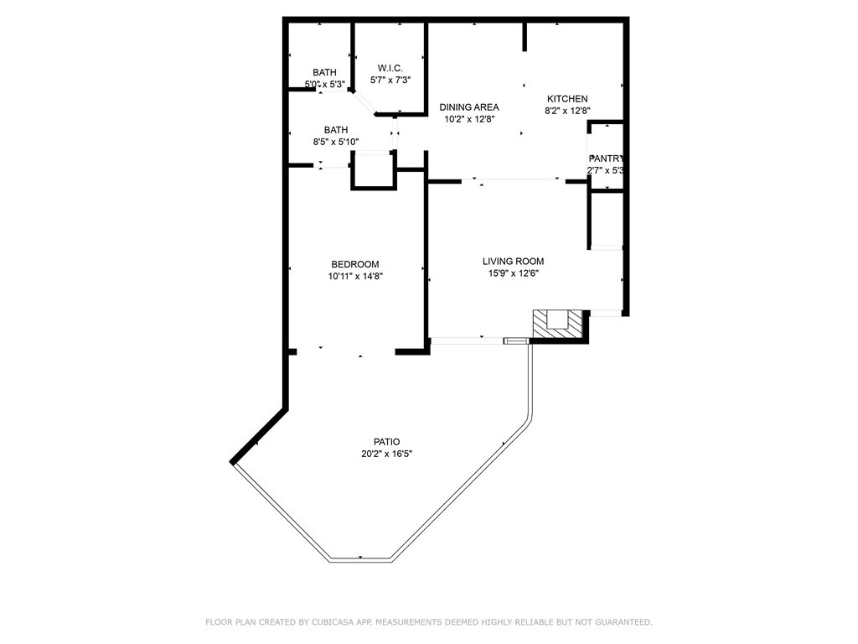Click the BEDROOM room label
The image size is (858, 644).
pyautogui.click(x=355, y=264)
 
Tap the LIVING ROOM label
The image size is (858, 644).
pyautogui.click(x=513, y=261)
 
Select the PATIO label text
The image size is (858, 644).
pyautogui.click(x=386, y=442)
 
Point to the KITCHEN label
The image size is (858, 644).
pyautogui.click(x=567, y=99)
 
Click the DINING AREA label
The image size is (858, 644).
pyautogui.click(x=469, y=107)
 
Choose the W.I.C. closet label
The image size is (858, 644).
pyautogui.click(x=390, y=68)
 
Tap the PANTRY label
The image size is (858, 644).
pyautogui.click(x=607, y=158)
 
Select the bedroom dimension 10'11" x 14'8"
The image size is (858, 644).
pyautogui.click(x=355, y=276)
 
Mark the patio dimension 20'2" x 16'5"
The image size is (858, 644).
pyautogui.click(x=386, y=454)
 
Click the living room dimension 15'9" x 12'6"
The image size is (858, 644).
pyautogui.click(x=513, y=273)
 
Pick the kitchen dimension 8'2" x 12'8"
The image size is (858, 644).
pyautogui.click(x=567, y=111)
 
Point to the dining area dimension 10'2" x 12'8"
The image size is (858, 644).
pyautogui.click(x=469, y=119)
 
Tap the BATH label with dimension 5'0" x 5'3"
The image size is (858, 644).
pyautogui.click(x=324, y=73)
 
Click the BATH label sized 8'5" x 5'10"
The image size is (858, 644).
pyautogui.click(x=336, y=130)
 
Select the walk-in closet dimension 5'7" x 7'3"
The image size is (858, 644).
pyautogui.click(x=390, y=80)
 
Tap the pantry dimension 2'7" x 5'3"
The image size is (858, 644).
pyautogui.click(x=607, y=170)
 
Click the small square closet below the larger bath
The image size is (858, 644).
pyautogui.click(x=372, y=172)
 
